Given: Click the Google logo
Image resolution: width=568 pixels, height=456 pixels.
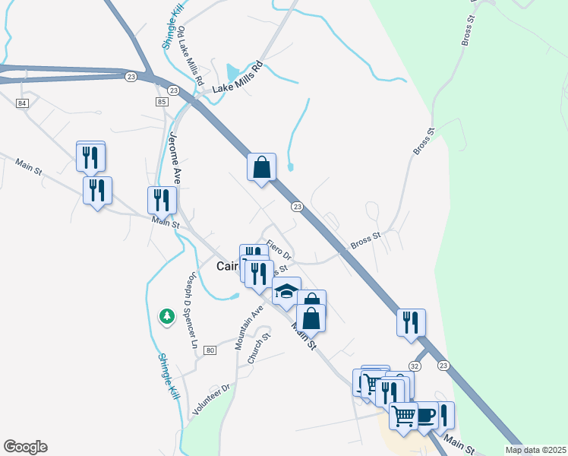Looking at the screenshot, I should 25,447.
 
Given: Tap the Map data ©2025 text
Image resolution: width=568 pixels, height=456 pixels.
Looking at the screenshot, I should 535,450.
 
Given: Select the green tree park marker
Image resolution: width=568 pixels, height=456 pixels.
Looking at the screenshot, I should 166,315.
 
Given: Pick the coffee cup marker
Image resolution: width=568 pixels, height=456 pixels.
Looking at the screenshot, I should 424,414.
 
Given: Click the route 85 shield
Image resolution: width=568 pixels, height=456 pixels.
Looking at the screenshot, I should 160,102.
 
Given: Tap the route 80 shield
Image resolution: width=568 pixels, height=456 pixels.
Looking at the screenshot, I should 210,350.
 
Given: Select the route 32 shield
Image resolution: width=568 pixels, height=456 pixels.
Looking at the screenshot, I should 415,366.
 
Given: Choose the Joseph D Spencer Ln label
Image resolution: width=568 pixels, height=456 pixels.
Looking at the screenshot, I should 189,311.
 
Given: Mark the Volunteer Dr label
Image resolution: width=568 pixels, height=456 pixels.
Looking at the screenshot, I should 211,400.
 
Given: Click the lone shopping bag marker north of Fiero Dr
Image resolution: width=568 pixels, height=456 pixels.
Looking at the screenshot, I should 261,166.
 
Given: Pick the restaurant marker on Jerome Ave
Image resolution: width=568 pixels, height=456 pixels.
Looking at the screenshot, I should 162,200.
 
